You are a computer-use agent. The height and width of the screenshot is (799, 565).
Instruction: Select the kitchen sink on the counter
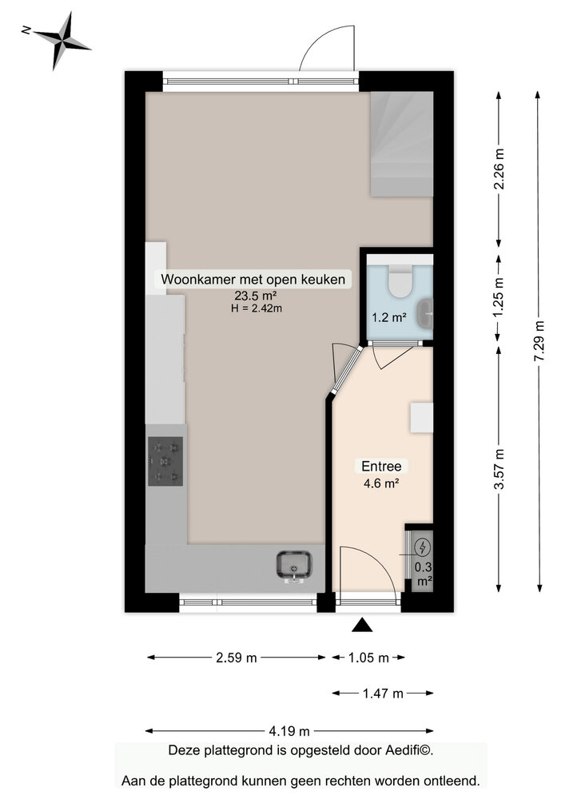pyautogui.click(x=294, y=564)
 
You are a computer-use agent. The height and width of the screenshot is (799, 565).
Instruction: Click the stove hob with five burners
pyautogui.click(x=165, y=462)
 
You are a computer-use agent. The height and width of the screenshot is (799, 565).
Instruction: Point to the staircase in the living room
pyautogui.click(x=402, y=144)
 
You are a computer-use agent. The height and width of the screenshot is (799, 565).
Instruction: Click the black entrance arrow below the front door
pyautogui.click(x=363, y=625)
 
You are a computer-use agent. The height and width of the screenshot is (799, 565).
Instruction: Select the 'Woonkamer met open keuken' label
pyautogui.click(x=253, y=280)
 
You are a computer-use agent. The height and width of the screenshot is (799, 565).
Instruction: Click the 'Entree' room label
pyautogui.click(x=380, y=466)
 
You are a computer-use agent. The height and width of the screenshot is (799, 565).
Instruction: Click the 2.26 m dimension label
pyautogui.click(x=499, y=169)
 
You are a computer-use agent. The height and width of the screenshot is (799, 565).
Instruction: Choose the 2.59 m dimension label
pyautogui.click(x=237, y=658)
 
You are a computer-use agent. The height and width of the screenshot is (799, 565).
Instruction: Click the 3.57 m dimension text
pyautogui.click(x=499, y=471)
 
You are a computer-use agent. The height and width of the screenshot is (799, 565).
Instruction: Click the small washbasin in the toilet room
pyautogui.click(x=428, y=312)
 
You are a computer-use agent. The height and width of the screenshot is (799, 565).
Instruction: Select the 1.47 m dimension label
pyautogui.click(x=381, y=694)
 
